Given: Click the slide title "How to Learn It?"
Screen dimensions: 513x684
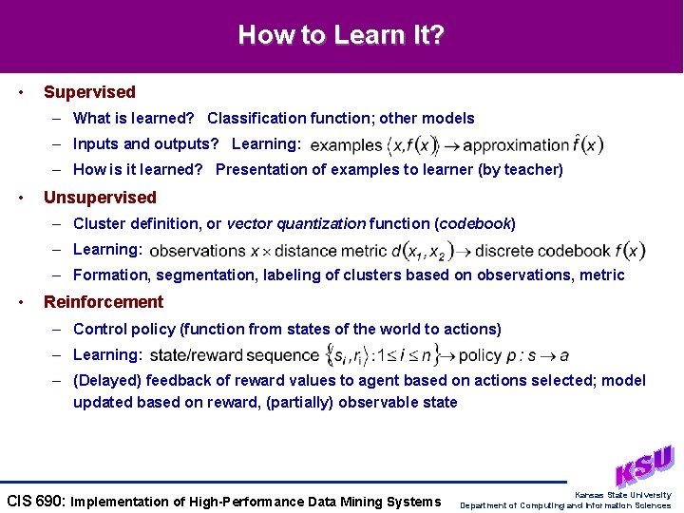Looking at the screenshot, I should (341, 36).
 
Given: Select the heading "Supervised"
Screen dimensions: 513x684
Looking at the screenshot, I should (89, 92).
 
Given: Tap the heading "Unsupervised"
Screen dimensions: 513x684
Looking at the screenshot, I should (100, 198).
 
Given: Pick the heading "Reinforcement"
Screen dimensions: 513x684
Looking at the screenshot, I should (104, 302).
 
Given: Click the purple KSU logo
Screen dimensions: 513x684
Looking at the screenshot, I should (644, 465).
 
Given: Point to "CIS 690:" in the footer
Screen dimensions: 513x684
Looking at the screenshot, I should (36, 502).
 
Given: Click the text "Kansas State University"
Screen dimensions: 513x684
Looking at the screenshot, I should (622, 495).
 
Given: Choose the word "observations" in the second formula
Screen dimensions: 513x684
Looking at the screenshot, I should (198, 251).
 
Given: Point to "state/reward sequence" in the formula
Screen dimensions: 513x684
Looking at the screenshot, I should (234, 355).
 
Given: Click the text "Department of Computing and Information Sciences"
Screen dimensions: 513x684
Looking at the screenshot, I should (565, 505).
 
